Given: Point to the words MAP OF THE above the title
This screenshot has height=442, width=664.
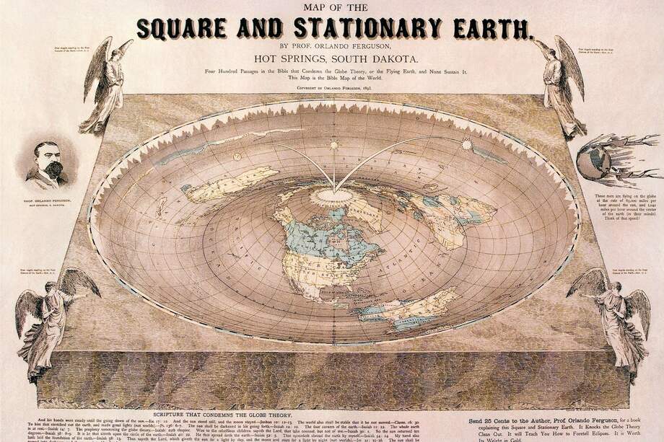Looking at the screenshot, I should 331,8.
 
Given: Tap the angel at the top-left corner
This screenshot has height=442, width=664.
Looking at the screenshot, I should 105,87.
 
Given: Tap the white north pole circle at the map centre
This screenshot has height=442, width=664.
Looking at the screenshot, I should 334,193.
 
